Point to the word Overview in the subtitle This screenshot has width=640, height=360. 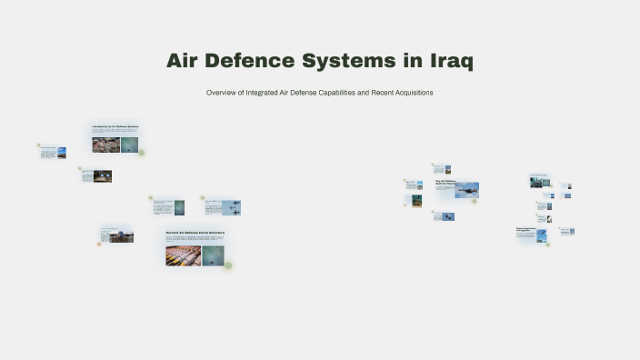tap(222, 94)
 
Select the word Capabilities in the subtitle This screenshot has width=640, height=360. tap(344, 94)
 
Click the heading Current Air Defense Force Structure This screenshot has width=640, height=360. tap(195, 233)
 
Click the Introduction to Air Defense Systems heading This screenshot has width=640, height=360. tap(115, 126)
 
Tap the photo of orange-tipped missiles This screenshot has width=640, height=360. tap(183, 255)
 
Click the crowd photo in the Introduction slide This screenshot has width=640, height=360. tap(105, 145)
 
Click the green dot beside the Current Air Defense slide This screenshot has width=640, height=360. tap(228, 265)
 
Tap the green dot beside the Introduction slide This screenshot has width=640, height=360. tap(141, 153)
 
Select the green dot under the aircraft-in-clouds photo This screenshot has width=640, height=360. tap(475, 201)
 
